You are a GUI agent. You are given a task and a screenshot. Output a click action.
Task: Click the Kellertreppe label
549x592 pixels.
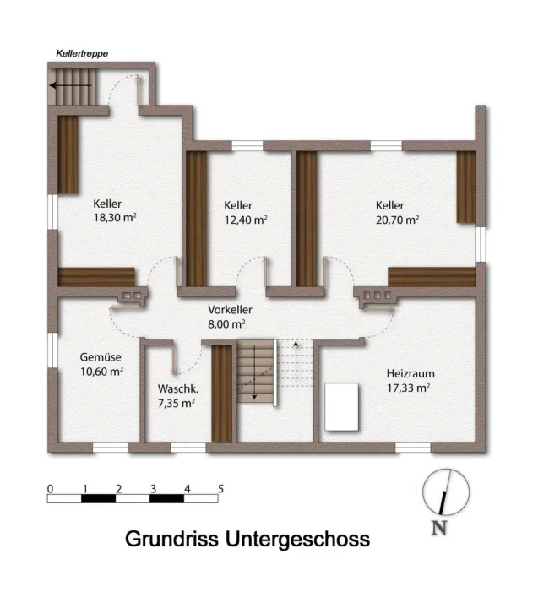(x=82, y=53)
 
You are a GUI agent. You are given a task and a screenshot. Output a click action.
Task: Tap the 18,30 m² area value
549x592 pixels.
(x=115, y=218)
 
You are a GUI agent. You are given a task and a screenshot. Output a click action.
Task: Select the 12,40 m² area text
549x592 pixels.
(x=246, y=220)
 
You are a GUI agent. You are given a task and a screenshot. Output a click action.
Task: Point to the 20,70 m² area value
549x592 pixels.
(x=397, y=220)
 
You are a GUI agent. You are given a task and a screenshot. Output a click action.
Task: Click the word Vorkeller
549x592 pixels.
(x=230, y=310)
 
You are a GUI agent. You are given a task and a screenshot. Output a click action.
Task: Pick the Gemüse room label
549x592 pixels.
(x=101, y=356)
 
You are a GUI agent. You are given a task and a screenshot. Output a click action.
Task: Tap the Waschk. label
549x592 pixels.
(x=178, y=388)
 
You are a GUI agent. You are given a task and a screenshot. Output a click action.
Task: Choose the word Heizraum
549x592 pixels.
(x=410, y=373)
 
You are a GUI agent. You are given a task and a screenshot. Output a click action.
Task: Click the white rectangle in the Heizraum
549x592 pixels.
(x=342, y=406)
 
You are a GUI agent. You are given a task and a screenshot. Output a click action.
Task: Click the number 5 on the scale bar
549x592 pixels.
(x=220, y=489)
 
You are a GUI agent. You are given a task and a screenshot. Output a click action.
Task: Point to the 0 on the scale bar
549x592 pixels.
(x=50, y=489)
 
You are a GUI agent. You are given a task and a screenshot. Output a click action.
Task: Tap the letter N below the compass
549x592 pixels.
(x=438, y=528)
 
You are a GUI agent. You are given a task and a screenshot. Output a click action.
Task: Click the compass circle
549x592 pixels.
(x=423, y=492)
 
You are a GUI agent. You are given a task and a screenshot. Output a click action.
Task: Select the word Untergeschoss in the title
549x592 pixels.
(x=297, y=539)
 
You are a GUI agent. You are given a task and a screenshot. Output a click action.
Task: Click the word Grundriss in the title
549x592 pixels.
(x=171, y=539)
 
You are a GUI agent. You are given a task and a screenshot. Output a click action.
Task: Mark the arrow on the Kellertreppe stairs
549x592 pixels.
(x=71, y=85)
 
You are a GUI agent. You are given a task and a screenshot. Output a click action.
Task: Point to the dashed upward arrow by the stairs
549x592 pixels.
(x=296, y=361)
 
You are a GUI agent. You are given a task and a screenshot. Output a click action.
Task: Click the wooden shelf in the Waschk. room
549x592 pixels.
(x=221, y=393)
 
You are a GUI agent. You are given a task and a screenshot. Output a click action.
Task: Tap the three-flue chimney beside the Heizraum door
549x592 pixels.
(x=378, y=296)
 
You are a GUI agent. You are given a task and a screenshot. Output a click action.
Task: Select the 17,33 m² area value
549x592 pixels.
(x=409, y=388)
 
